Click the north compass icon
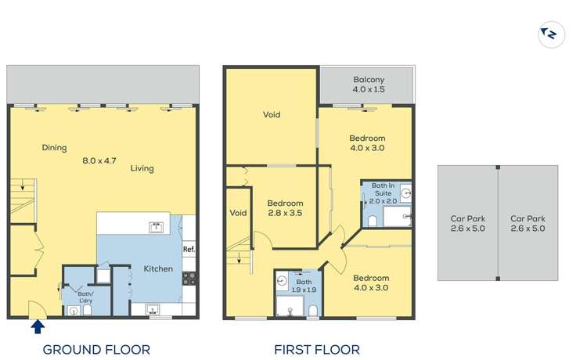pyautogui.click(x=551, y=34)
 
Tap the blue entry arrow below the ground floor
pyautogui.click(x=38, y=326)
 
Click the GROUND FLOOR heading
pyautogui.click(x=96, y=350)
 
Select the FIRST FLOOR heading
pyautogui.click(x=317, y=350)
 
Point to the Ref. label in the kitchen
pyautogui.click(x=189, y=249)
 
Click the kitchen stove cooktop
pyautogui.click(x=189, y=279)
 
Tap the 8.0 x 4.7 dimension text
pyautogui.click(x=99, y=161)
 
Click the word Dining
pyautogui.click(x=54, y=148)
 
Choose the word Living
pyautogui.click(x=142, y=168)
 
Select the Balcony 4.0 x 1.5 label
pyautogui.click(x=369, y=85)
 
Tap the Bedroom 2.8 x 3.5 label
pyautogui.click(x=285, y=208)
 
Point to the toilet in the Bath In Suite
pyautogui.click(x=372, y=221)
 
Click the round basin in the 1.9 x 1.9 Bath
pyautogui.click(x=282, y=281)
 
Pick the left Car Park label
pyautogui.click(x=468, y=223)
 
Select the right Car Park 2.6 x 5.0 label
pyautogui.click(x=528, y=223)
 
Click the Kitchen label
pyautogui.click(x=158, y=268)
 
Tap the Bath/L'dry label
pyautogui.click(x=86, y=297)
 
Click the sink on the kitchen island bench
pyautogui.click(x=156, y=227)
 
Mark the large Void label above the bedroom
pyautogui.click(x=272, y=114)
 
